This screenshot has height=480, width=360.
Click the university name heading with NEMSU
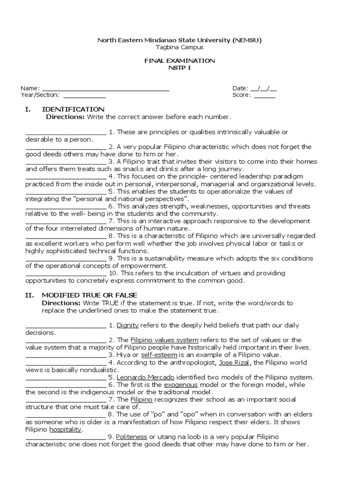click(180, 40)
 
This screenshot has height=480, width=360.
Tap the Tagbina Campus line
click(180, 47)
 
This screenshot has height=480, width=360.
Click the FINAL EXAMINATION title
click(180, 61)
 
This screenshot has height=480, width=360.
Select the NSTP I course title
click(180, 68)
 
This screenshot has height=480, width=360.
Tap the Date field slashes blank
click(264, 88)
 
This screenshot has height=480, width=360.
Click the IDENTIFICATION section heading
click(73, 109)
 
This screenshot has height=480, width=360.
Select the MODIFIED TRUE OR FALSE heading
click(90, 295)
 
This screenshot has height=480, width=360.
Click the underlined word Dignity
click(127, 325)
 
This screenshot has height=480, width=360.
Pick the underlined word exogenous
click(181, 385)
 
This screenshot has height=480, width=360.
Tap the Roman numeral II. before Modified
click(28, 295)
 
